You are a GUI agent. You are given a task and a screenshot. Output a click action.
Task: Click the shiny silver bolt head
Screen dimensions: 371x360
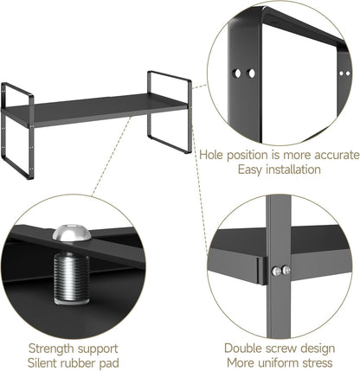[x=72, y=235]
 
